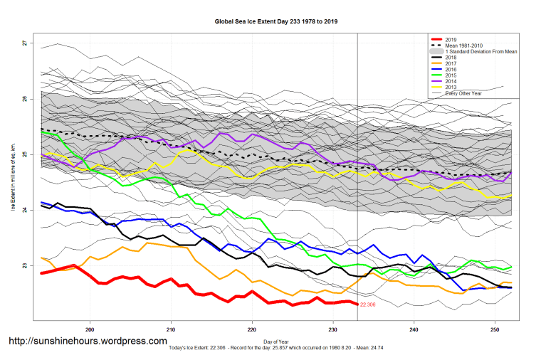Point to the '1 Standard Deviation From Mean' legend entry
tap(478, 51)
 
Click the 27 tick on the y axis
tap(24, 43)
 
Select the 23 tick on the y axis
tap(24, 265)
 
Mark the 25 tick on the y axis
tap(24, 154)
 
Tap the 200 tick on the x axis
tap(90, 330)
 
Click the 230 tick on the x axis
tap(332, 330)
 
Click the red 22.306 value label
tap(368, 305)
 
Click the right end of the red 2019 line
tap(356, 304)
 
